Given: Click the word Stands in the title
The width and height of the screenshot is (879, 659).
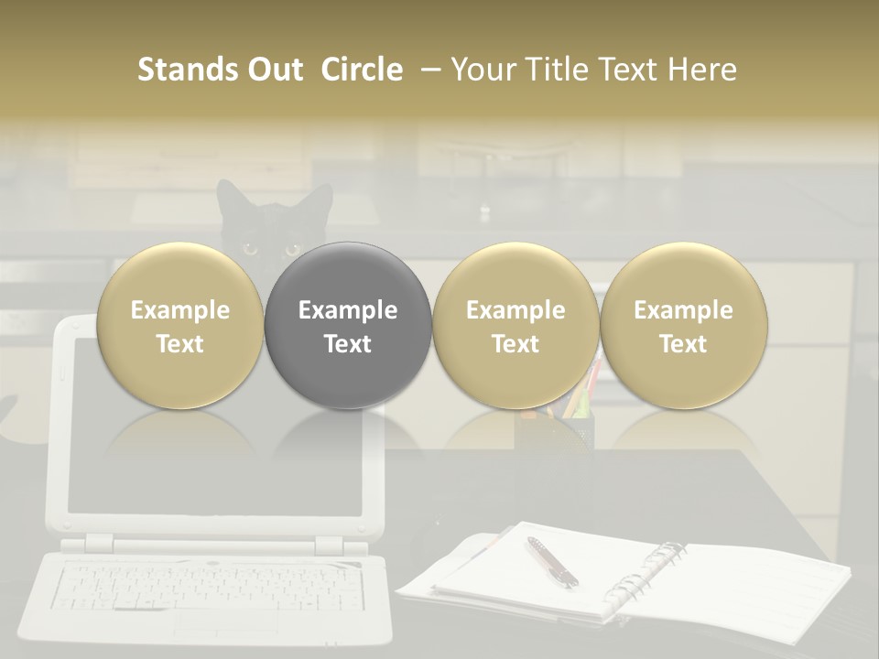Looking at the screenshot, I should (x=175, y=70).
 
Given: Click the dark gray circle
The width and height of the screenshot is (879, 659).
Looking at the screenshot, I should (x=348, y=325).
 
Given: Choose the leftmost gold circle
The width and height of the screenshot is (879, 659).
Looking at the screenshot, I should (x=179, y=325).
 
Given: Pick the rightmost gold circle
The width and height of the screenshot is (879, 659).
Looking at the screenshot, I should (x=684, y=325).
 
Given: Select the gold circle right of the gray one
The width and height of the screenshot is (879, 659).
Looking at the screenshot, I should (x=515, y=325).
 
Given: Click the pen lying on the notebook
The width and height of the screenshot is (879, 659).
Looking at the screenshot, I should (x=551, y=561).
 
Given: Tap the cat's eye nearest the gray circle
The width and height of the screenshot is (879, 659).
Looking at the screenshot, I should (x=292, y=248).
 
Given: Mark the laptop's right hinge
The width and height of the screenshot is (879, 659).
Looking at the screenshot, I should (x=328, y=546).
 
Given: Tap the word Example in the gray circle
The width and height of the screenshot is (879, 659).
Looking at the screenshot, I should (x=348, y=310).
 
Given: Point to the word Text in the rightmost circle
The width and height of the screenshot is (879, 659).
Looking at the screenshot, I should (x=684, y=344).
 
